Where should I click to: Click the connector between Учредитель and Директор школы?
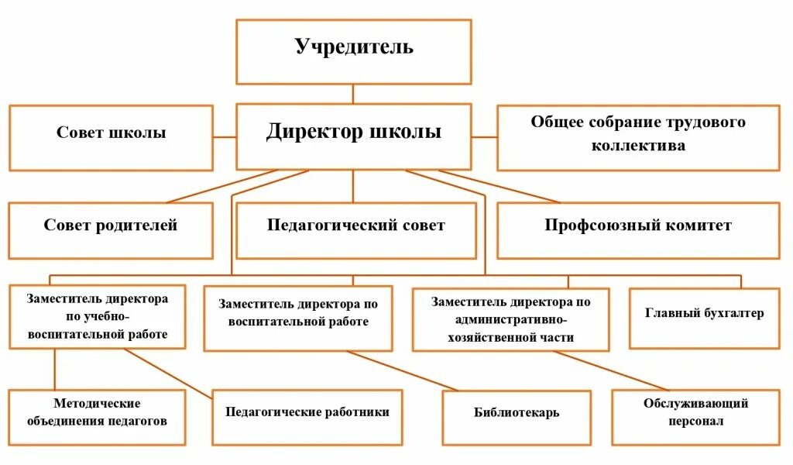(x=353, y=95)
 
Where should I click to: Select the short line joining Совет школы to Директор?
(x=225, y=137)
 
